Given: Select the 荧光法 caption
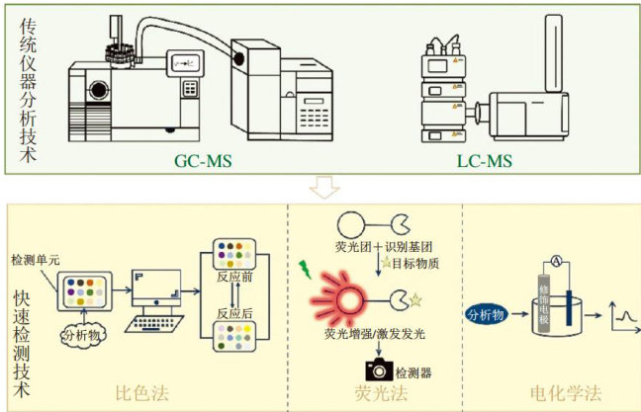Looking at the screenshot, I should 380,392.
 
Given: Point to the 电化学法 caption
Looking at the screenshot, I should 564,392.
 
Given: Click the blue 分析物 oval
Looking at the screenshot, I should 486,315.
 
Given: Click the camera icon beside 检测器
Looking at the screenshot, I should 378,368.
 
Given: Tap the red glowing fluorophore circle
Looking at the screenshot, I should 349,295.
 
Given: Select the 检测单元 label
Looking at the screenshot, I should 34,259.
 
